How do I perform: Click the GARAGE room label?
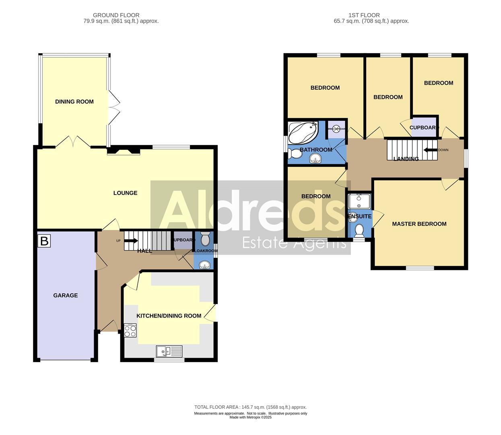[66, 295]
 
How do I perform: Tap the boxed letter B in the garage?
[44, 241]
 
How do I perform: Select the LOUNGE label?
[125, 193]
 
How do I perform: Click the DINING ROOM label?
[74, 101]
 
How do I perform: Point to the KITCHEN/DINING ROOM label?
[169, 316]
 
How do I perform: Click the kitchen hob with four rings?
[130, 331]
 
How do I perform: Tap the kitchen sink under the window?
[169, 352]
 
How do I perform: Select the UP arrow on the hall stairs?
[131, 241]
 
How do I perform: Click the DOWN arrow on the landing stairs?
[430, 150]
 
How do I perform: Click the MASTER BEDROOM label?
[419, 224]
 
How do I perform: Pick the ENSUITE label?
[359, 216]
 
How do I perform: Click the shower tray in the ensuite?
[359, 201]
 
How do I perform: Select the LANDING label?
[406, 159]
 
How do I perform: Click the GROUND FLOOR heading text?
[116, 15]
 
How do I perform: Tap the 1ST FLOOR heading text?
[364, 15]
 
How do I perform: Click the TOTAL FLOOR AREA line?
[250, 407]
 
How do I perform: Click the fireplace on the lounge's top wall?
[124, 151]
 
